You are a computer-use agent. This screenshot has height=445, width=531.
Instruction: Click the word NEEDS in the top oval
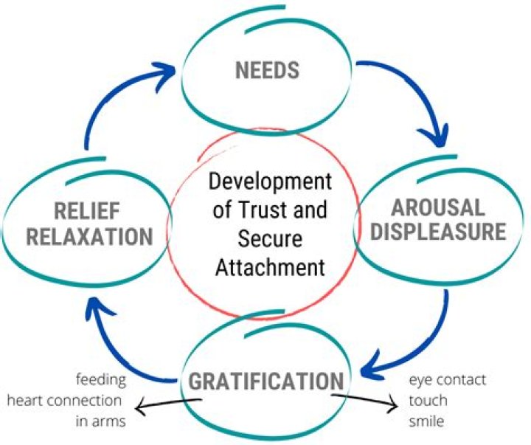click(x=267, y=71)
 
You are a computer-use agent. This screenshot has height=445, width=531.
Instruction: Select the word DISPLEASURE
click(x=438, y=233)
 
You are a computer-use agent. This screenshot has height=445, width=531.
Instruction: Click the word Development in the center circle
click(x=269, y=181)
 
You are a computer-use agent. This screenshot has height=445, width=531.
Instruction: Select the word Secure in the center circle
click(x=270, y=238)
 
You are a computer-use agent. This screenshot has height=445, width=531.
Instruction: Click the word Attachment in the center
click(x=270, y=266)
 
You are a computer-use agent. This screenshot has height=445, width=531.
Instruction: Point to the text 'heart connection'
click(x=64, y=401)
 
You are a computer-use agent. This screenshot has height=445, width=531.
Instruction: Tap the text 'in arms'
click(x=100, y=421)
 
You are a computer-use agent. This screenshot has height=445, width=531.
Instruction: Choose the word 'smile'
click(x=428, y=421)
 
